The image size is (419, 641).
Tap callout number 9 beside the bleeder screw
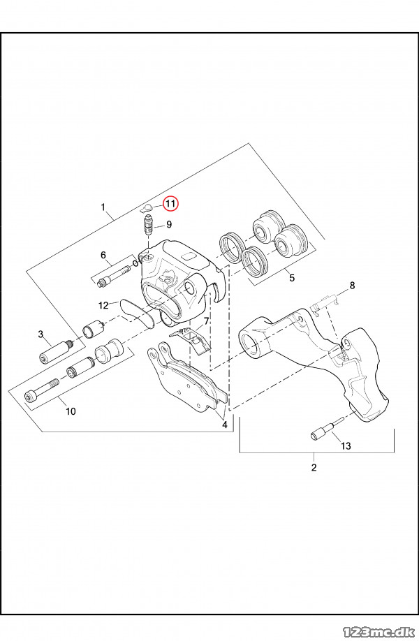coord(169,225)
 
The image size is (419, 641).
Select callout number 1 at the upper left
coord(103,207)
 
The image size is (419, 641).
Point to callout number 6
coord(103,255)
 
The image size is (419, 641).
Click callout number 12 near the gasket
coord(103,305)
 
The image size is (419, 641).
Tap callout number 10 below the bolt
coord(71,411)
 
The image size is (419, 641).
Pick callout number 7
coord(205,323)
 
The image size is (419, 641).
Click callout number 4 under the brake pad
coord(224,424)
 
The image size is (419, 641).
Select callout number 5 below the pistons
coord(292,278)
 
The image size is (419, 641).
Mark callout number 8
coord(352,285)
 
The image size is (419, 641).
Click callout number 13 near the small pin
coord(346,445)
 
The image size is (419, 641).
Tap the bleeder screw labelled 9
coord(147,226)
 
